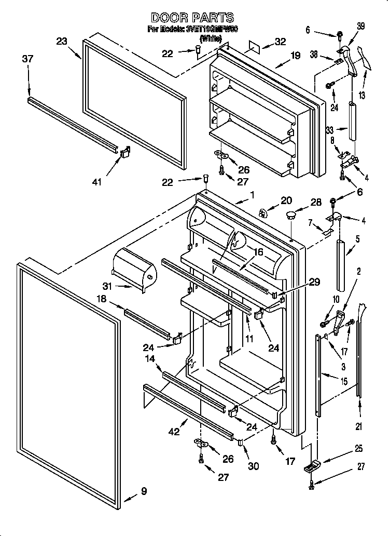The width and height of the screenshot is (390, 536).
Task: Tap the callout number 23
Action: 62,42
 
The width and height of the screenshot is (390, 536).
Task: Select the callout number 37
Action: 27,59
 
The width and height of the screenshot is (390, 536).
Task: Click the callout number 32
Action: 280,43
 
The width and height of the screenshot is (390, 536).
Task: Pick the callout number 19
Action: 295,56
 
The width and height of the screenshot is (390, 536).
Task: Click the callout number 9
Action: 144,491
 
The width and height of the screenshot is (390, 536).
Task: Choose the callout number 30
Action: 253,466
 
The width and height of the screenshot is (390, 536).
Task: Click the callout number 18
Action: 102,299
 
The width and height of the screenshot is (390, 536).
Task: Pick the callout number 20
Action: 286,200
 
